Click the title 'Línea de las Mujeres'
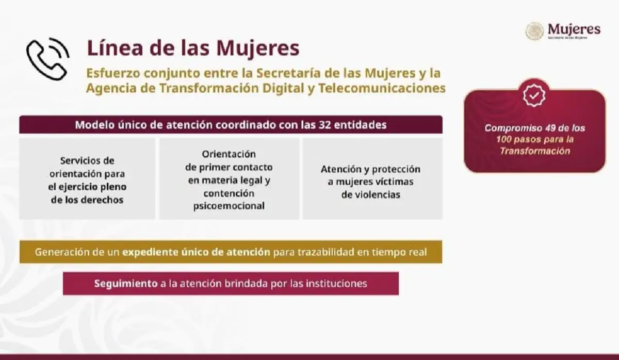point(193,48)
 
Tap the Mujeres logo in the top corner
point(563,31)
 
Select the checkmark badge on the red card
point(534,96)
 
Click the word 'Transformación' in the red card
point(535,151)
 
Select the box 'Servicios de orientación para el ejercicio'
point(87,178)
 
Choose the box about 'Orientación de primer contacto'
point(229,178)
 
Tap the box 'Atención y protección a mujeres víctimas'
point(370,178)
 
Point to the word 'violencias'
point(370,195)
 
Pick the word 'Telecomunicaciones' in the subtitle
point(383,88)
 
